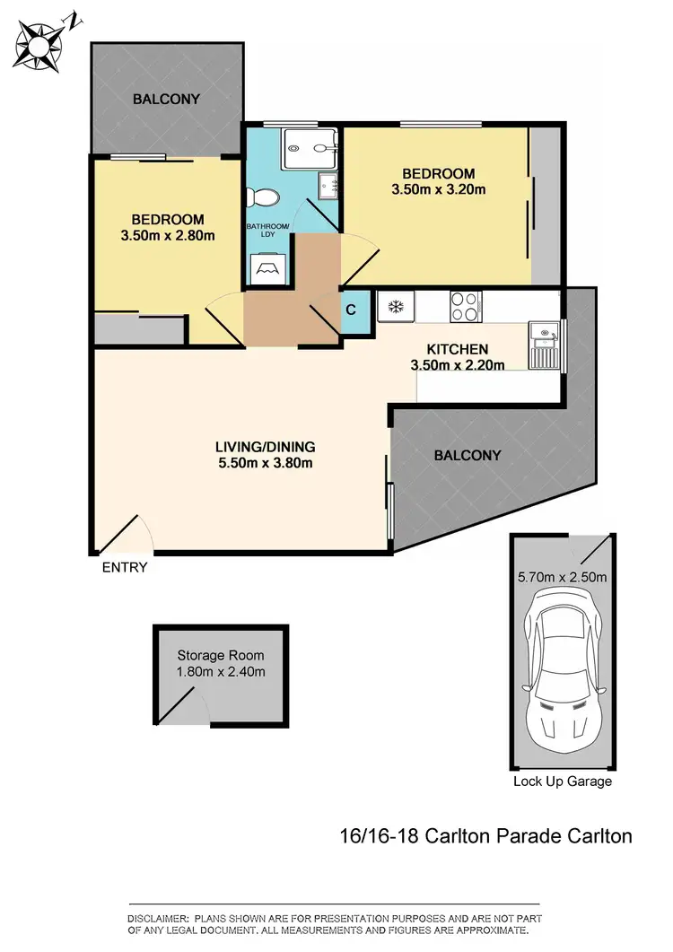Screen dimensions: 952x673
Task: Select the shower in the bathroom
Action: tap(309, 149)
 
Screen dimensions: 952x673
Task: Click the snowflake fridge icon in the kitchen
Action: tap(394, 307)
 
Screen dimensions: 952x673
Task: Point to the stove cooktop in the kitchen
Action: tap(465, 306)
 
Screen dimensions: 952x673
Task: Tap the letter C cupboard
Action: tap(352, 310)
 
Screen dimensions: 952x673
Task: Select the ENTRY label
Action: tap(125, 567)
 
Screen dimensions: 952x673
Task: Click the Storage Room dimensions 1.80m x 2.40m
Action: tap(221, 671)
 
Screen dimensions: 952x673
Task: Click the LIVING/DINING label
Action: tap(265, 446)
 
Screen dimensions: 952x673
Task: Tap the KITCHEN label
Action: tap(457, 349)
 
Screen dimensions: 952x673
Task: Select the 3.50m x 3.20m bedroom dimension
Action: tap(438, 189)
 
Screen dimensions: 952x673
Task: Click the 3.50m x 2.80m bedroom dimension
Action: tap(168, 235)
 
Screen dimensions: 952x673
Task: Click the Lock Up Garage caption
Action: tap(563, 781)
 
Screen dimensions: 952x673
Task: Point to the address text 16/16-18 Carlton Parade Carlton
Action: tap(486, 836)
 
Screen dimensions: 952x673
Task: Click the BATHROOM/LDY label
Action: tap(268, 231)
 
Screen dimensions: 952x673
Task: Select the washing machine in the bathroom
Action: tap(268, 268)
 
